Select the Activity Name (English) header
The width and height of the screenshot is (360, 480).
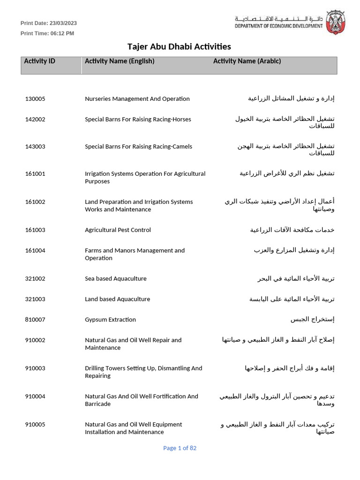120,61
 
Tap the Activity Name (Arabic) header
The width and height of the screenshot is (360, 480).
247,61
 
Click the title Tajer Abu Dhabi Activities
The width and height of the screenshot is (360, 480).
179,46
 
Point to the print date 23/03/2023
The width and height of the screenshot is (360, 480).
63,23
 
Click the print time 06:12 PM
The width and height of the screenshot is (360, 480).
62,33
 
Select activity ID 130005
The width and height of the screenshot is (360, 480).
35,99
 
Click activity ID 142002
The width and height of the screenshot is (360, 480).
35,120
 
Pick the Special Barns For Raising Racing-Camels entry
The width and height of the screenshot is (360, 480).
138,147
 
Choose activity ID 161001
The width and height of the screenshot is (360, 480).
35,174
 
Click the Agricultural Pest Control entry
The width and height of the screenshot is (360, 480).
118,230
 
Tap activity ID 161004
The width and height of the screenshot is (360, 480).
35,251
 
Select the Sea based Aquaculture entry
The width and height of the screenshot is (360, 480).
115,279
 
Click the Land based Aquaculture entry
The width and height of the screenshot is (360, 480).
117,299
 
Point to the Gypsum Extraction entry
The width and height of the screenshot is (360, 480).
110,320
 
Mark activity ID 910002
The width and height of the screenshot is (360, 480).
35,340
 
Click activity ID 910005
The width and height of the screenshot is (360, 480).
35,425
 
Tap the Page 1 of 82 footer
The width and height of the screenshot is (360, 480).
180,448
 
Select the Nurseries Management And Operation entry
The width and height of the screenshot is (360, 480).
137,99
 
